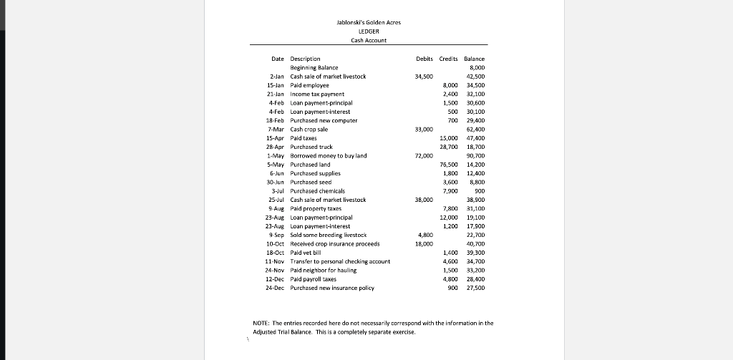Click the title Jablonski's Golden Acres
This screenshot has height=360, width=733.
click(369, 23)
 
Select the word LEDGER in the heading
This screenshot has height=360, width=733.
click(369, 31)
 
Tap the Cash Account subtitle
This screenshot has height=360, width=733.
click(369, 40)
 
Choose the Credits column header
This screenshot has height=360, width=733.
click(448, 59)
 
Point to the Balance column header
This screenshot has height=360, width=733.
click(474, 59)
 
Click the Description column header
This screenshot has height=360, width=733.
click(305, 59)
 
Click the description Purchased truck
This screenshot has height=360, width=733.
click(311, 147)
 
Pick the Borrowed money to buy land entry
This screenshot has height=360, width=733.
click(328, 155)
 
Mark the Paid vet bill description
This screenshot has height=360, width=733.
click(309, 253)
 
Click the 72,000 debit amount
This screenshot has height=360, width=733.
click(424, 155)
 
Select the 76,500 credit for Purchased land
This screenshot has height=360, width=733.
click(448, 165)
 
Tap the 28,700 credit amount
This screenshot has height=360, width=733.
click(448, 147)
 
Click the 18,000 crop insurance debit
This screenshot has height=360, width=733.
click(424, 244)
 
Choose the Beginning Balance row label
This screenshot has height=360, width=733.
click(314, 67)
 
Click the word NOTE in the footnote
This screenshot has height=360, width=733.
click(261, 323)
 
